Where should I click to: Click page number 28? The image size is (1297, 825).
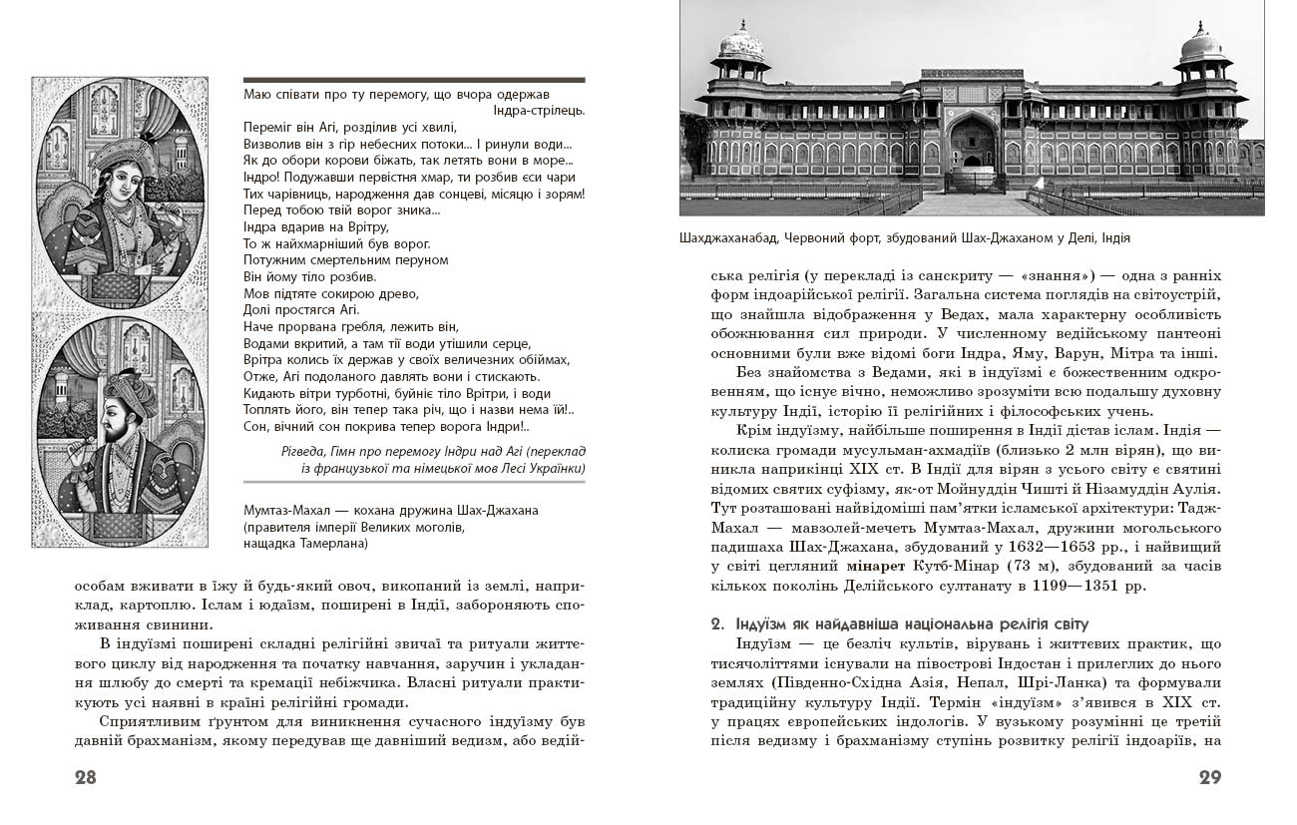(85, 778)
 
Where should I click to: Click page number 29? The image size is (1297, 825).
(1209, 778)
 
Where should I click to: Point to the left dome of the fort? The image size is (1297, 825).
(741, 45)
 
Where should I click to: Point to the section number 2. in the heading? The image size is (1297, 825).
(716, 624)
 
